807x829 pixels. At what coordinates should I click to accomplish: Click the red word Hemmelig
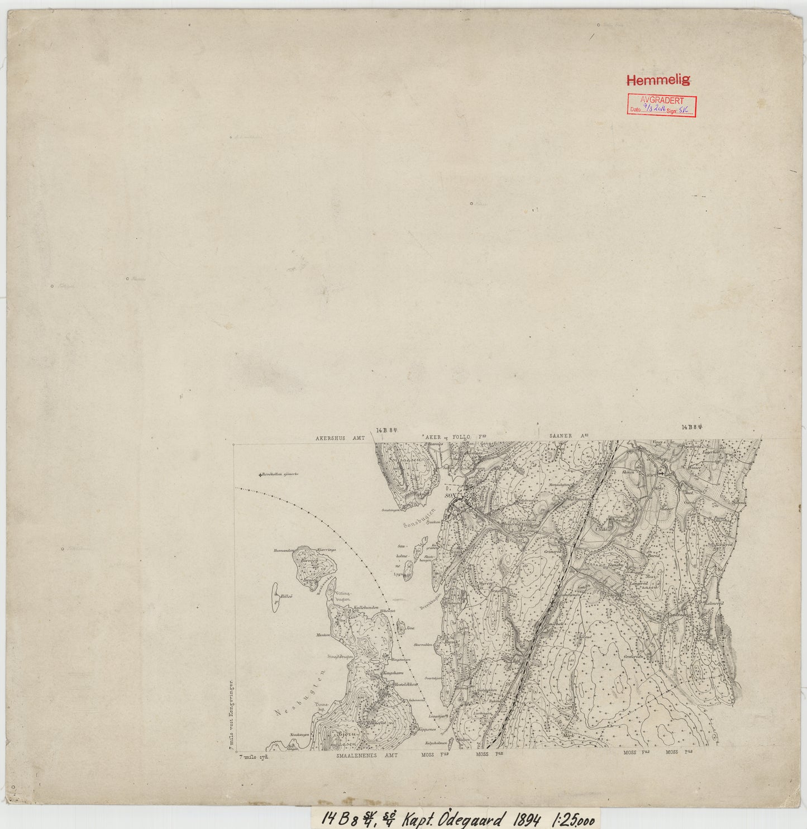click(658, 80)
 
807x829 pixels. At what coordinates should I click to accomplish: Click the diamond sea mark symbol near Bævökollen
click(260, 475)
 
